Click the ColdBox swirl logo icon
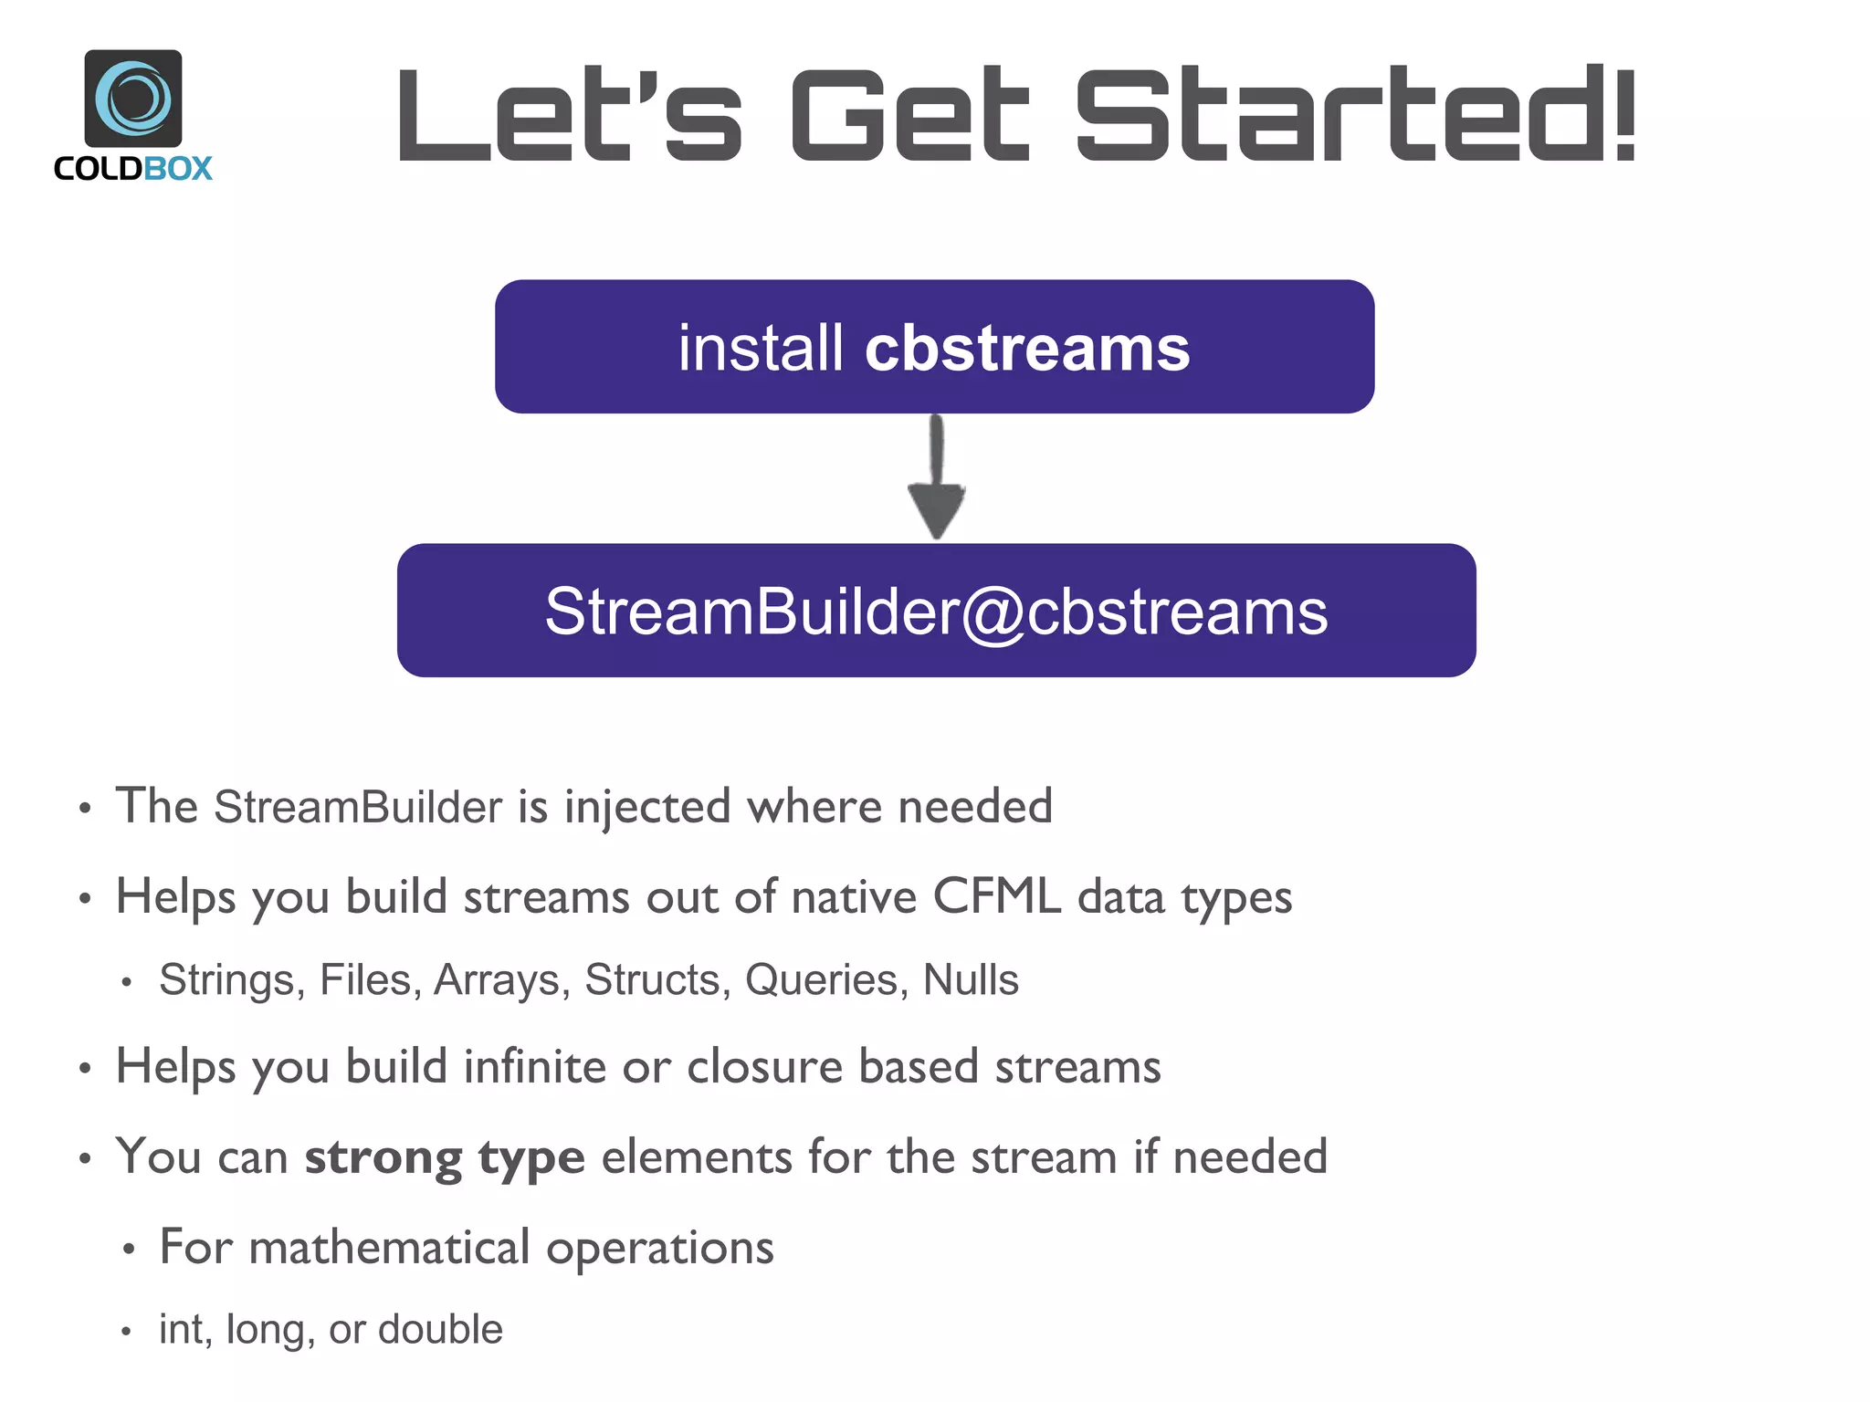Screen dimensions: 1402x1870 (133, 98)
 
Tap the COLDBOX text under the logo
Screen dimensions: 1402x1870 (133, 169)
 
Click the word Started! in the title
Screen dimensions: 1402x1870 (1356, 116)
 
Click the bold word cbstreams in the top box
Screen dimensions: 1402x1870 (1027, 349)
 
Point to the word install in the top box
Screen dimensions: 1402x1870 (761, 349)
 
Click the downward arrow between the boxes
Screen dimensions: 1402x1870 (936, 479)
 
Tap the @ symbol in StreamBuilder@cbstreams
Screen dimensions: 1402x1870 (993, 612)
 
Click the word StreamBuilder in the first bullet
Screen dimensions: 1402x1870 (358, 807)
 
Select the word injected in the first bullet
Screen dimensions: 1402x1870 (647, 807)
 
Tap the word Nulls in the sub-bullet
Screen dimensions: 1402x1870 (971, 980)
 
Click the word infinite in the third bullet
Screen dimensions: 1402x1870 (534, 1066)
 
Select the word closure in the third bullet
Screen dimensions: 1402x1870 (764, 1066)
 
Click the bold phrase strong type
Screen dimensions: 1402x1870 (445, 1157)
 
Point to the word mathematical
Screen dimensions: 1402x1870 (389, 1247)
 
